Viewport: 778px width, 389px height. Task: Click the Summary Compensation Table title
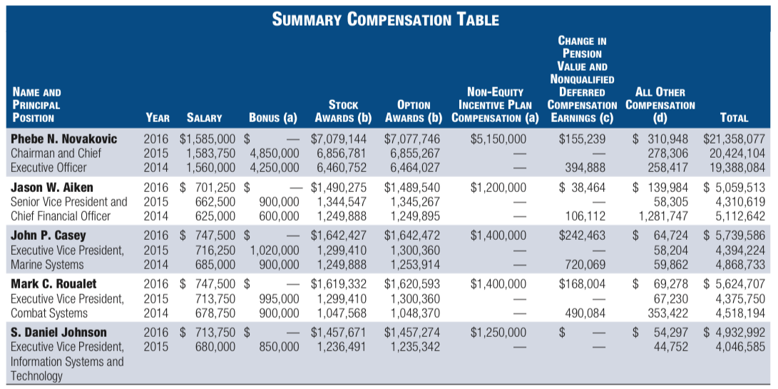[386, 19]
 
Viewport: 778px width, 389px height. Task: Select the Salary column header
[204, 118]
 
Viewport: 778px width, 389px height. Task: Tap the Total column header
[734, 118]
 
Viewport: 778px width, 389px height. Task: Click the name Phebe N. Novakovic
[64, 139]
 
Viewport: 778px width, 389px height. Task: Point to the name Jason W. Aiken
[51, 188]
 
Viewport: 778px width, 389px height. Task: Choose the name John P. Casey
[48, 236]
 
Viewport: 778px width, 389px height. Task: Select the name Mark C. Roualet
[53, 284]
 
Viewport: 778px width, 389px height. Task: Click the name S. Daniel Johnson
[58, 333]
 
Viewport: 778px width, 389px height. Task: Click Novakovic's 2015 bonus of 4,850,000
[275, 153]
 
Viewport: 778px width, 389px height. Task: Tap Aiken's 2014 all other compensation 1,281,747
[663, 216]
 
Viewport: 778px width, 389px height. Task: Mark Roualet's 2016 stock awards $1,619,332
[339, 284]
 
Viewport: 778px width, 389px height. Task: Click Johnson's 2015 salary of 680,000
[215, 347]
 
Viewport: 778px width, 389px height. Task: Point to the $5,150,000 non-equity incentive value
[498, 139]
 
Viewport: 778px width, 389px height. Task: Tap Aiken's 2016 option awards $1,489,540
[412, 188]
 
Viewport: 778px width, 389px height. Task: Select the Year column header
[158, 118]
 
